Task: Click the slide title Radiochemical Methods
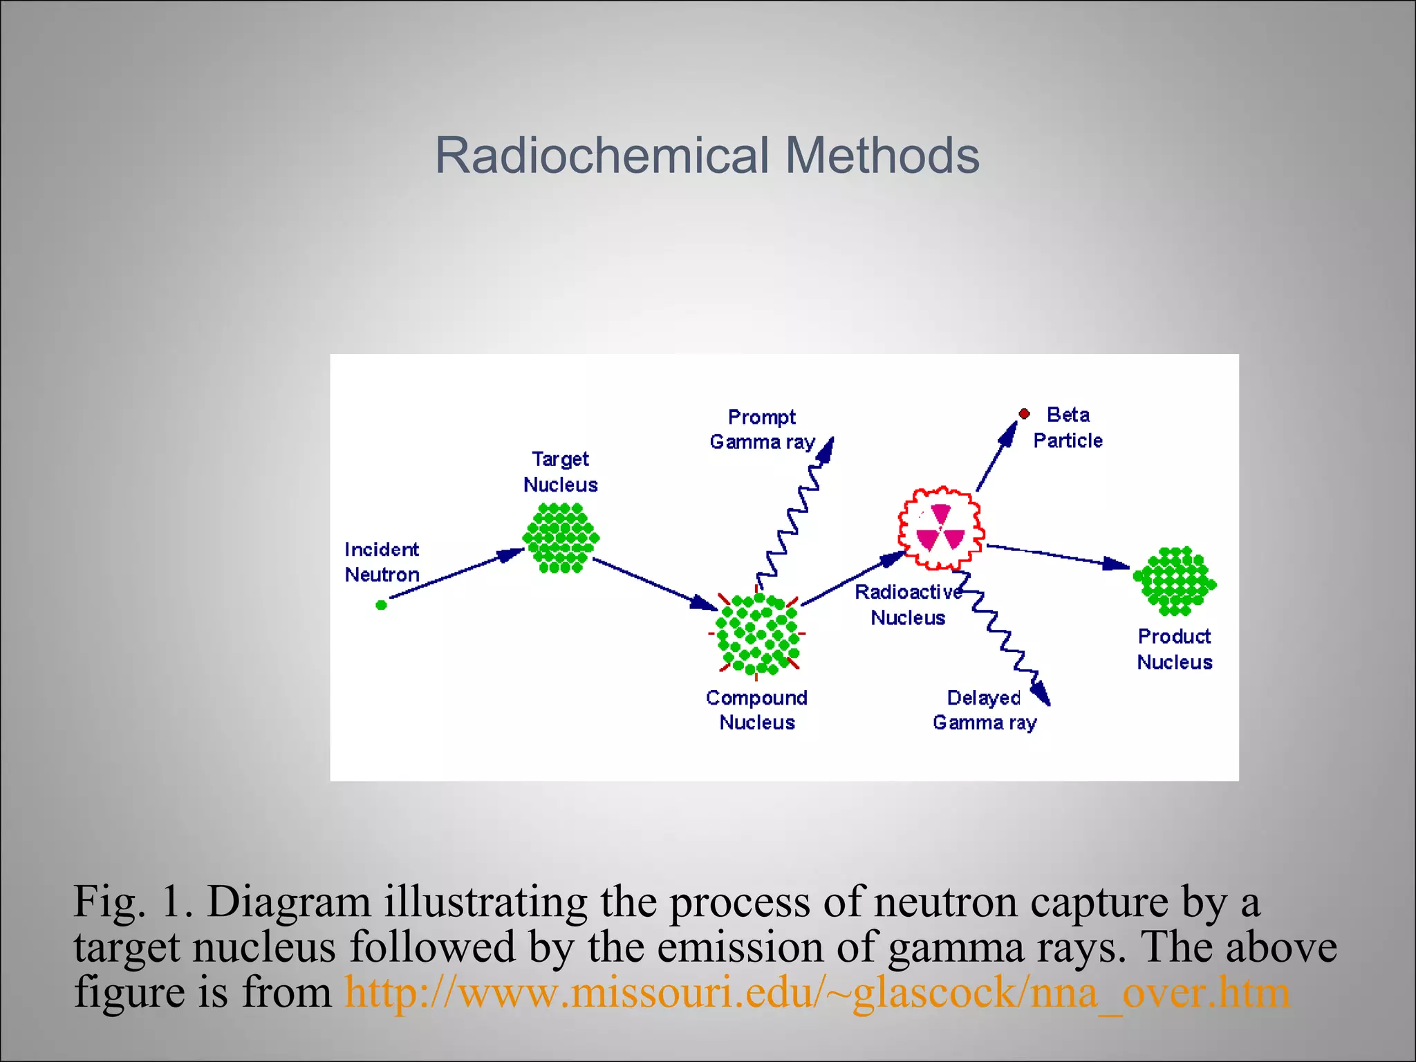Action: [x=707, y=156]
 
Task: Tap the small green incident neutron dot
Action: [x=381, y=605]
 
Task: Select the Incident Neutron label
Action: [x=382, y=561]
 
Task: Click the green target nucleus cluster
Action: [x=561, y=538]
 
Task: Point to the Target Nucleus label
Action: [x=560, y=472]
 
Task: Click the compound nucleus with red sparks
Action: [x=757, y=633]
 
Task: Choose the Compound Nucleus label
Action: [x=756, y=710]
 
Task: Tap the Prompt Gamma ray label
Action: [x=762, y=429]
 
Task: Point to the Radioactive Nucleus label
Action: [x=908, y=604]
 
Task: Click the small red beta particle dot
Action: [x=1024, y=414]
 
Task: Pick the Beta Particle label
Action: [x=1068, y=427]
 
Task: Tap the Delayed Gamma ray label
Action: [x=984, y=710]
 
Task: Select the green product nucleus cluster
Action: [x=1174, y=581]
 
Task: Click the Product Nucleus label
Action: [x=1174, y=649]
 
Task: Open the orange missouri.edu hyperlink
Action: [x=817, y=993]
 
